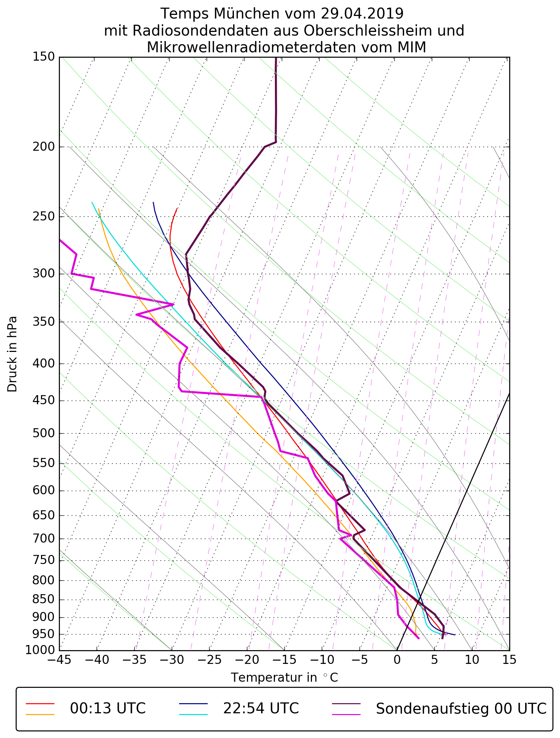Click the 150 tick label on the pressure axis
pos(44,57)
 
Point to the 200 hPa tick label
pos(44,147)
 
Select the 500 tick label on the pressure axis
pos(44,433)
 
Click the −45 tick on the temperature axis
pos(59,660)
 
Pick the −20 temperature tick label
pos(247,660)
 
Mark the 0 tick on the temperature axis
pos(397,660)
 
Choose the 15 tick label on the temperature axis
pos(509,660)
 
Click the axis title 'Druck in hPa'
pos(12,354)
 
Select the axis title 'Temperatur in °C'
pos(284,678)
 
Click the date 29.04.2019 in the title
pos(362,14)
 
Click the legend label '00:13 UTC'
pos(108,708)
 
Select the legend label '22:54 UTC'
pos(261,708)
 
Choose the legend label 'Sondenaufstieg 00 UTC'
pos(461,708)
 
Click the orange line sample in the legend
pos(40,714)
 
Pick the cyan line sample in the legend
pos(193,714)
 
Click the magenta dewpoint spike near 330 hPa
pos(173,304)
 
